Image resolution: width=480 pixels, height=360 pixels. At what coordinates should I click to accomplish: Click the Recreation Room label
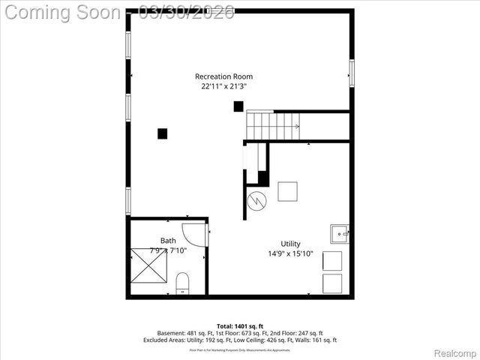coord(223,76)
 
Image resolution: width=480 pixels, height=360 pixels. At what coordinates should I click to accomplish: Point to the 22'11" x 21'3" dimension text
coord(223,86)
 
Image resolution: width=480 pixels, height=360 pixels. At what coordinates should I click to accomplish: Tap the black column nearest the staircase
coord(238,106)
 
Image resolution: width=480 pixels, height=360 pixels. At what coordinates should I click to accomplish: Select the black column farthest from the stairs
coord(162,133)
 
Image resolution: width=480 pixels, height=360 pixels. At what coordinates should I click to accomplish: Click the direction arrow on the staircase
coord(297,126)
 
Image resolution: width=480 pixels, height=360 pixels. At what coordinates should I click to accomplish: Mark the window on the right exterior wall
coord(351,73)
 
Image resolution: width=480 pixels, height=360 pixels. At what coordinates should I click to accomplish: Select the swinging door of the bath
coord(194,235)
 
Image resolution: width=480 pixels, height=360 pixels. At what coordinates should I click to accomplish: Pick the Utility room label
coord(290,244)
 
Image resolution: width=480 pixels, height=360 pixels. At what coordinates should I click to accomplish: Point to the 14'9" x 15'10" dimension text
coord(290,253)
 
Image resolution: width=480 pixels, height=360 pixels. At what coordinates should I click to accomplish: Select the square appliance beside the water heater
coord(287,192)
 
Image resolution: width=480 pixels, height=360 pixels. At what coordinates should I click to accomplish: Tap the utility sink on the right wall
coord(339,234)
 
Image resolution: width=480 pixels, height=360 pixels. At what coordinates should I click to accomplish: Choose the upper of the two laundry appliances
coord(331,261)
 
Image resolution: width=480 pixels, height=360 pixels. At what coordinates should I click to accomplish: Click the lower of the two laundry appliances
coord(331,283)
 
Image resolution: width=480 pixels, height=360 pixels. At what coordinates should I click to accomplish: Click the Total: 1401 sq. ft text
coord(239,325)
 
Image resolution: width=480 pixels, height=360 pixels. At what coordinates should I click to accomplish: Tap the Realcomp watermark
coord(454,352)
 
